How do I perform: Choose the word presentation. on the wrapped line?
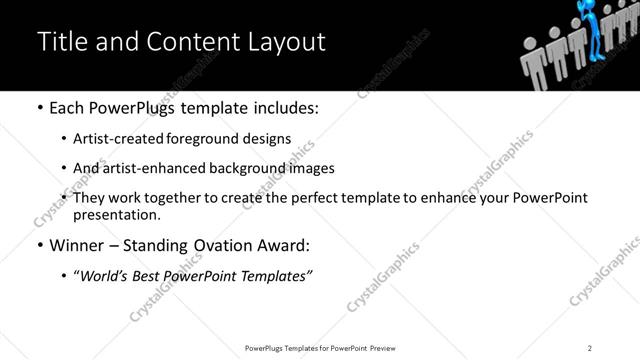pyautogui.click(x=116, y=215)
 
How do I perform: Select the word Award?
pyautogui.click(x=286, y=246)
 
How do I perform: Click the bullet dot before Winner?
pyautogui.click(x=38, y=246)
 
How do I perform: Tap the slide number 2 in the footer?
pyautogui.click(x=590, y=347)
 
